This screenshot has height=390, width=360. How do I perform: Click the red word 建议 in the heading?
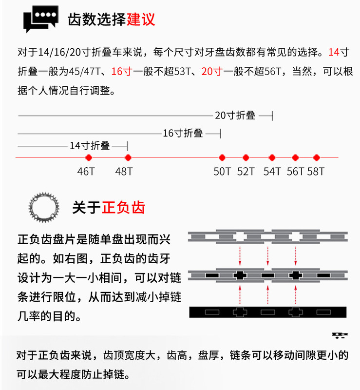click(141, 19)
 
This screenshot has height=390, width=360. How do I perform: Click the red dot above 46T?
click(89, 157)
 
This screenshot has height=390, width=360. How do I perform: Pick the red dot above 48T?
click(128, 157)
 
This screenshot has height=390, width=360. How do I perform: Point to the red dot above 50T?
click(222, 157)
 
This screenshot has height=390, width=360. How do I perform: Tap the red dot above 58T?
click(317, 157)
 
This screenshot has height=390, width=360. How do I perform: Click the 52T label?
click(246, 172)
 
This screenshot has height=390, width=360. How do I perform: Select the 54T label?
click(272, 172)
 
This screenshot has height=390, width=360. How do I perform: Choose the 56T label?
click(295, 172)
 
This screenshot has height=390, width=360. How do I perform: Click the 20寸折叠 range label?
click(235, 116)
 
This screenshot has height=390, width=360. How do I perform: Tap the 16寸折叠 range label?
click(183, 133)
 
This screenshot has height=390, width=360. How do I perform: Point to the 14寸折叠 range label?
click(90, 146)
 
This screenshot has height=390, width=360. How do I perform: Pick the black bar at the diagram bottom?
click(268, 312)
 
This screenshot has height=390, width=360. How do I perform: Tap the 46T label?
click(86, 172)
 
